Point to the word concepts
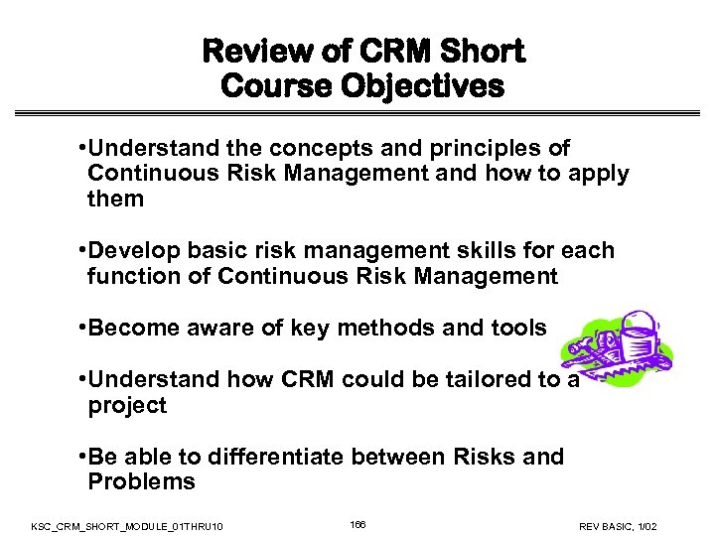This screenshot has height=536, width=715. coord(304,149)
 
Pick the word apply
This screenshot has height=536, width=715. coord(595,174)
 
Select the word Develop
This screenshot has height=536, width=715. coord(132,251)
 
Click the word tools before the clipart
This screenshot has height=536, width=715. coord(517,329)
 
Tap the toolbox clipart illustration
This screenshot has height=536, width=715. coord(616,351)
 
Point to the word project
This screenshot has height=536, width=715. coord(127,406)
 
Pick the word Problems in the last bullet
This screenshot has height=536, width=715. coord(141,482)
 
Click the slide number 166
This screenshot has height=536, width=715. coord(357,523)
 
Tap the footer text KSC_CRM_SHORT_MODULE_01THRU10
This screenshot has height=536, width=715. coord(127,524)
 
